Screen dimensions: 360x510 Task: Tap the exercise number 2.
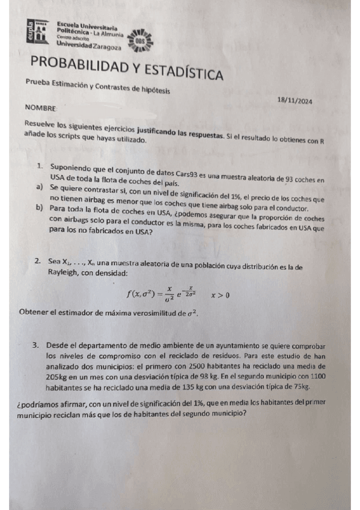click(x=37, y=262)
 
